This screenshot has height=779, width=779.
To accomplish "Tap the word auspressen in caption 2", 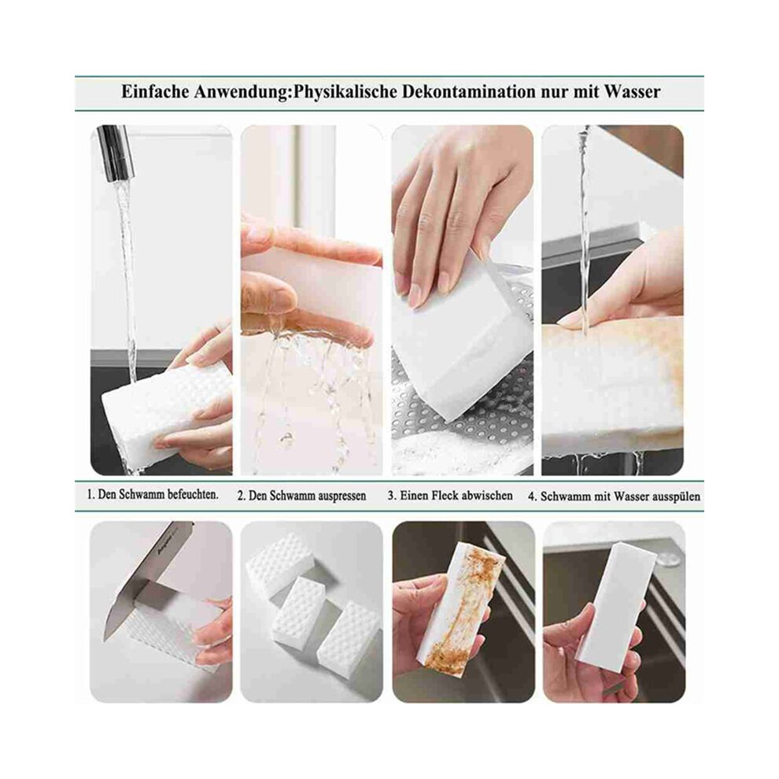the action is pyautogui.click(x=342, y=496).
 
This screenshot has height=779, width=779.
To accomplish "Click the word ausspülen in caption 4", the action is pyautogui.click(x=676, y=497).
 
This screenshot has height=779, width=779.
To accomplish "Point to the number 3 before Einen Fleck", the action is pyautogui.click(x=391, y=495).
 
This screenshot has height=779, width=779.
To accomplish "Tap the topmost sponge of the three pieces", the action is pyautogui.click(x=279, y=560).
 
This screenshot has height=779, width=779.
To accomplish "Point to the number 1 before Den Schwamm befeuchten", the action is pyautogui.click(x=90, y=494).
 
